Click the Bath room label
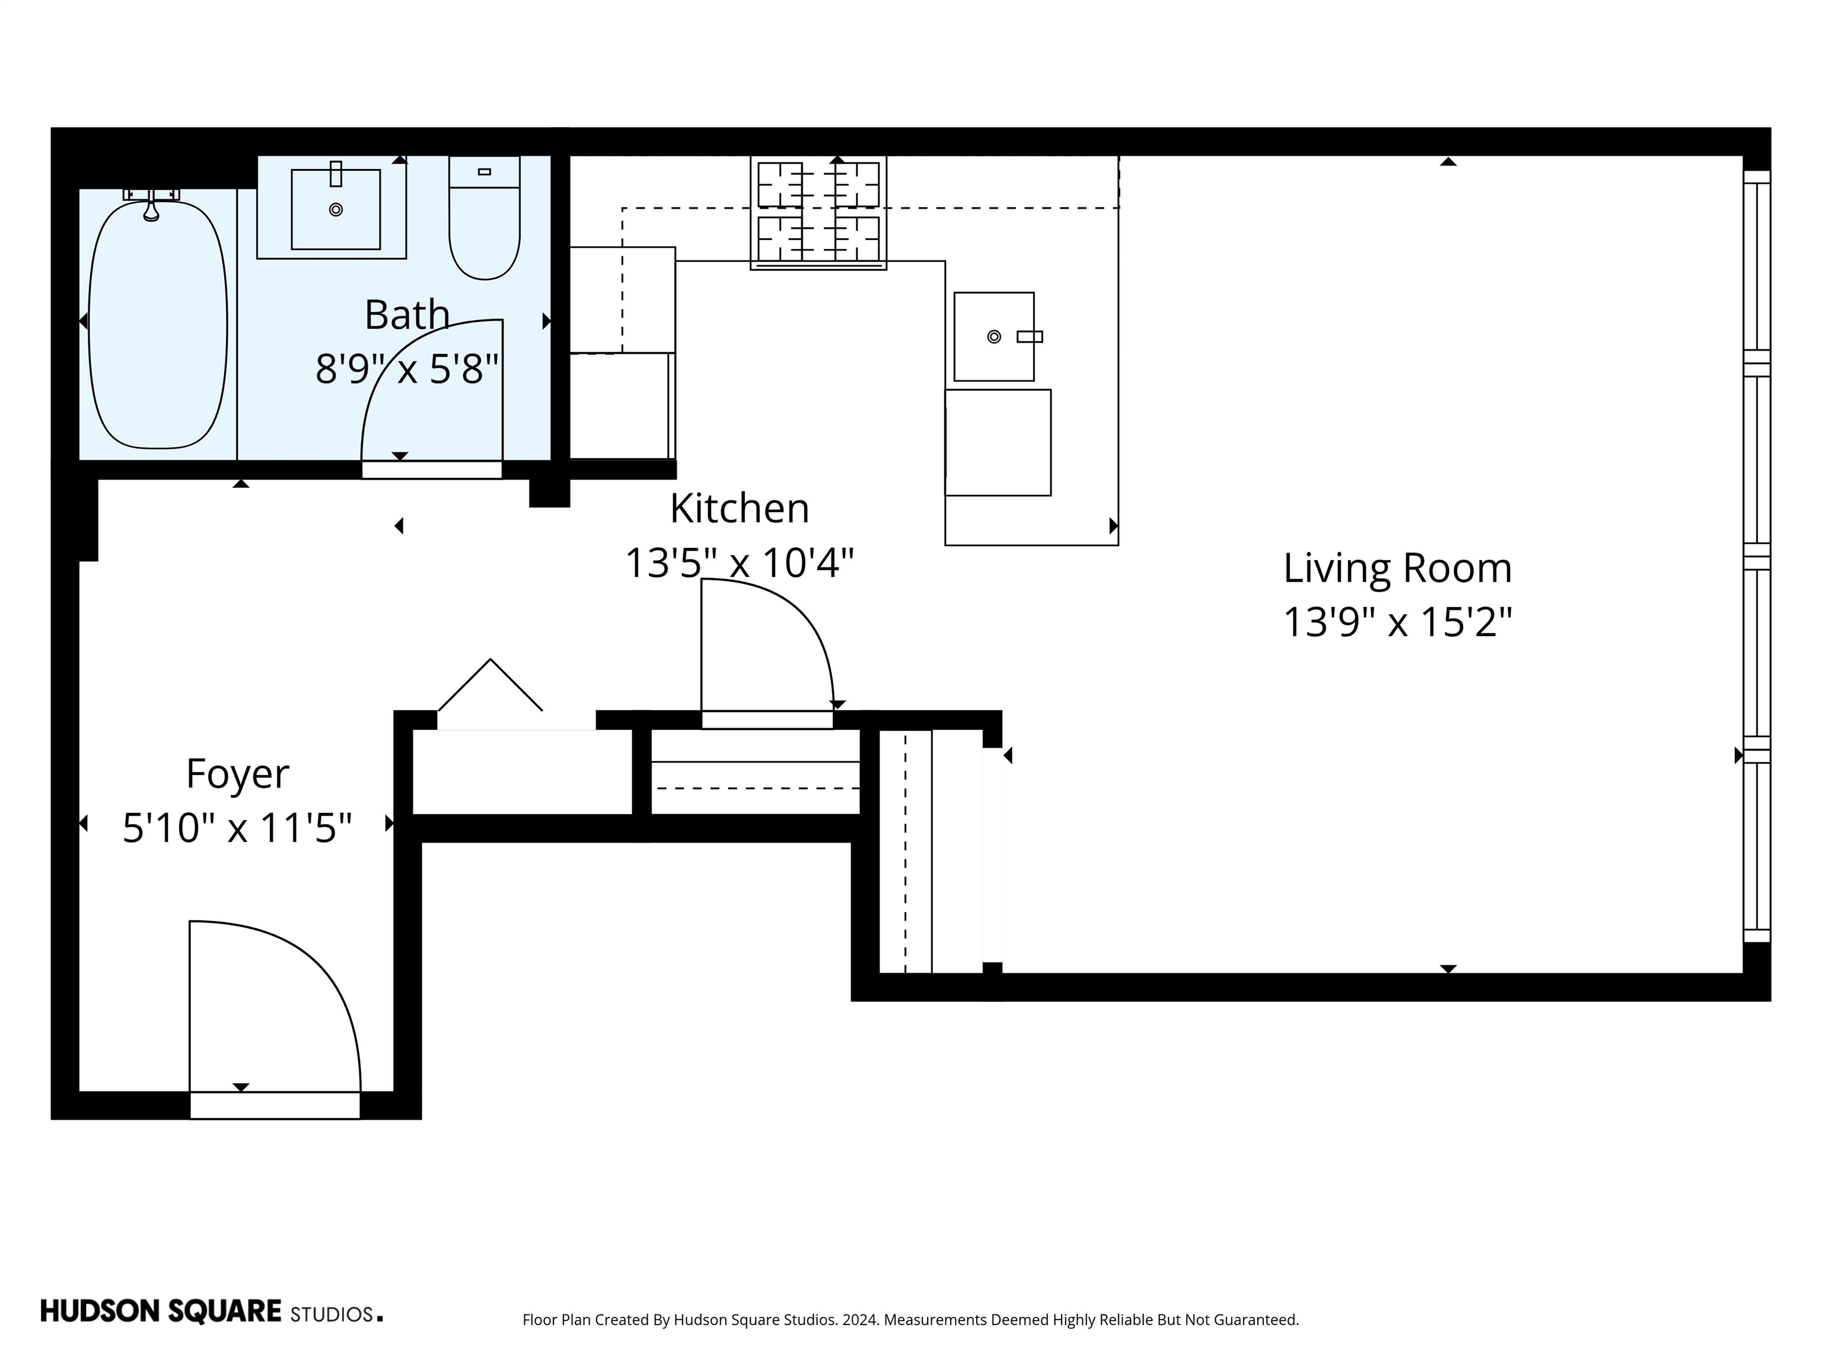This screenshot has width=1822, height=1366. click(407, 315)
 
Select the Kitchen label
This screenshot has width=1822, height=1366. click(739, 508)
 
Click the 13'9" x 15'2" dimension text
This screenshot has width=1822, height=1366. click(1397, 623)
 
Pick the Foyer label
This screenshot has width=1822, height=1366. click(237, 774)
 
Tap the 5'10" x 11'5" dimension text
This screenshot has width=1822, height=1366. click(237, 828)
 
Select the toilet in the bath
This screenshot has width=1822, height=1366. click(485, 222)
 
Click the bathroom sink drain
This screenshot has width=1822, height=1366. click(335, 209)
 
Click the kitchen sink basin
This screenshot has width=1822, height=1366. click(993, 336)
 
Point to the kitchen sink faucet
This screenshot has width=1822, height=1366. click(1030, 336)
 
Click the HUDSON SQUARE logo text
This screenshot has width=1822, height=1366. click(161, 1311)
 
